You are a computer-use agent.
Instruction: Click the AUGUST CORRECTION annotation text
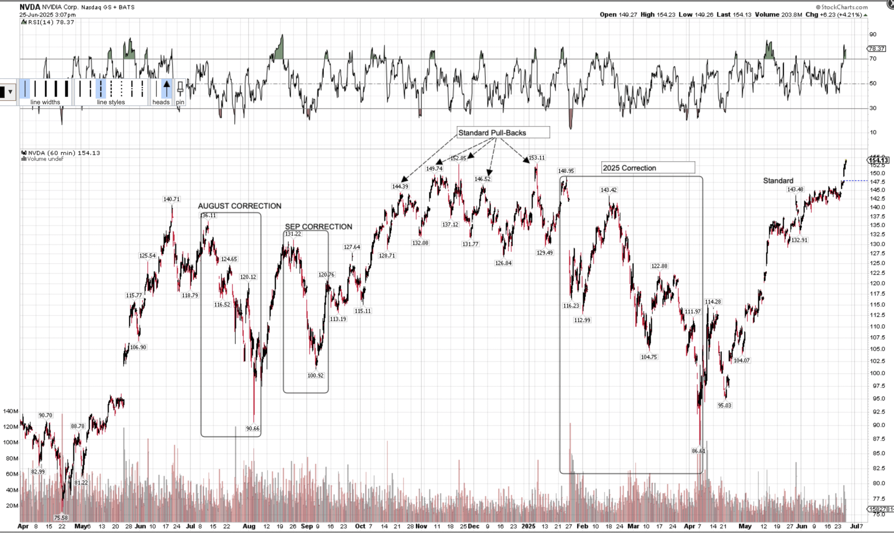click(240, 206)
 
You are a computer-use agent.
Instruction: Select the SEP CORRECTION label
click(318, 227)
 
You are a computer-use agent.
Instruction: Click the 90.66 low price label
click(253, 429)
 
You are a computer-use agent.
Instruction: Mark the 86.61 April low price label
click(698, 451)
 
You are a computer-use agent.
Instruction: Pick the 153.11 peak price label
click(537, 158)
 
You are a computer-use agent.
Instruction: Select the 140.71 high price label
click(171, 199)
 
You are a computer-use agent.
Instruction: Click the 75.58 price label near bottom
click(61, 518)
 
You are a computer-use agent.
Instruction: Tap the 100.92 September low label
click(315, 375)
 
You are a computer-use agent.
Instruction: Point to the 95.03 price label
click(724, 405)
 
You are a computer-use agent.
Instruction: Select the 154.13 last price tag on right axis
click(878, 160)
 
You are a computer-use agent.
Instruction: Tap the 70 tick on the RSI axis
click(872, 59)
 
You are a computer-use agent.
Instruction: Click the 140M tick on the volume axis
click(10, 411)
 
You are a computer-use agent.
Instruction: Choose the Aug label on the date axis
click(249, 526)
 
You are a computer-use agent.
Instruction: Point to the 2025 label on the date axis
click(528, 526)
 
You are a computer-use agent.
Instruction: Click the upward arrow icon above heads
click(167, 88)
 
